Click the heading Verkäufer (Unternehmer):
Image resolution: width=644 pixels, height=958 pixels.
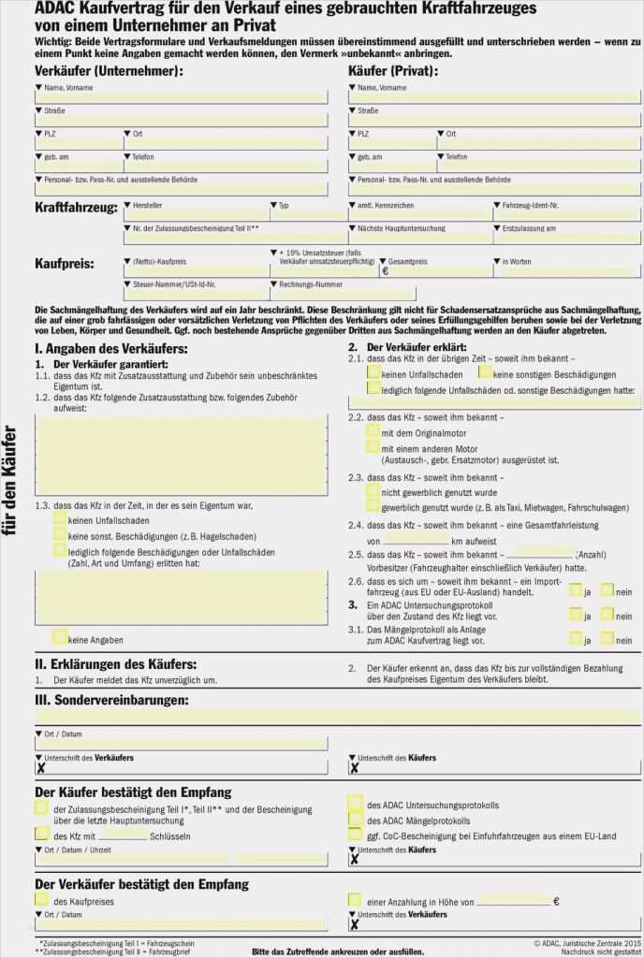[x=109, y=71]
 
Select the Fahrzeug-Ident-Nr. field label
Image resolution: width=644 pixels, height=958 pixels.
[x=530, y=205]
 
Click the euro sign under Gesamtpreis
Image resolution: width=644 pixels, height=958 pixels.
[x=385, y=271]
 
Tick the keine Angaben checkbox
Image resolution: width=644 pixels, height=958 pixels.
[x=60, y=637]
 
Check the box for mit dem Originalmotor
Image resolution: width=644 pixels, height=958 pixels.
[x=373, y=431]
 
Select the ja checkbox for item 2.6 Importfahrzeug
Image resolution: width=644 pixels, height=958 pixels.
[x=576, y=590]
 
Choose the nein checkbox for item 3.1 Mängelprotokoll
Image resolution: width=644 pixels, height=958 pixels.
[x=607, y=638]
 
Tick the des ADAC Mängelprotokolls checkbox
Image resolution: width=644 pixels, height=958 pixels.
[x=355, y=819]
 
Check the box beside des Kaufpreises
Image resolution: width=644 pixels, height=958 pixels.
[x=41, y=900]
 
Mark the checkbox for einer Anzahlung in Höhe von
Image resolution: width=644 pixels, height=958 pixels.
[x=355, y=900]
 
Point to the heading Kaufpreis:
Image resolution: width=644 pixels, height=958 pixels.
[x=65, y=264]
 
